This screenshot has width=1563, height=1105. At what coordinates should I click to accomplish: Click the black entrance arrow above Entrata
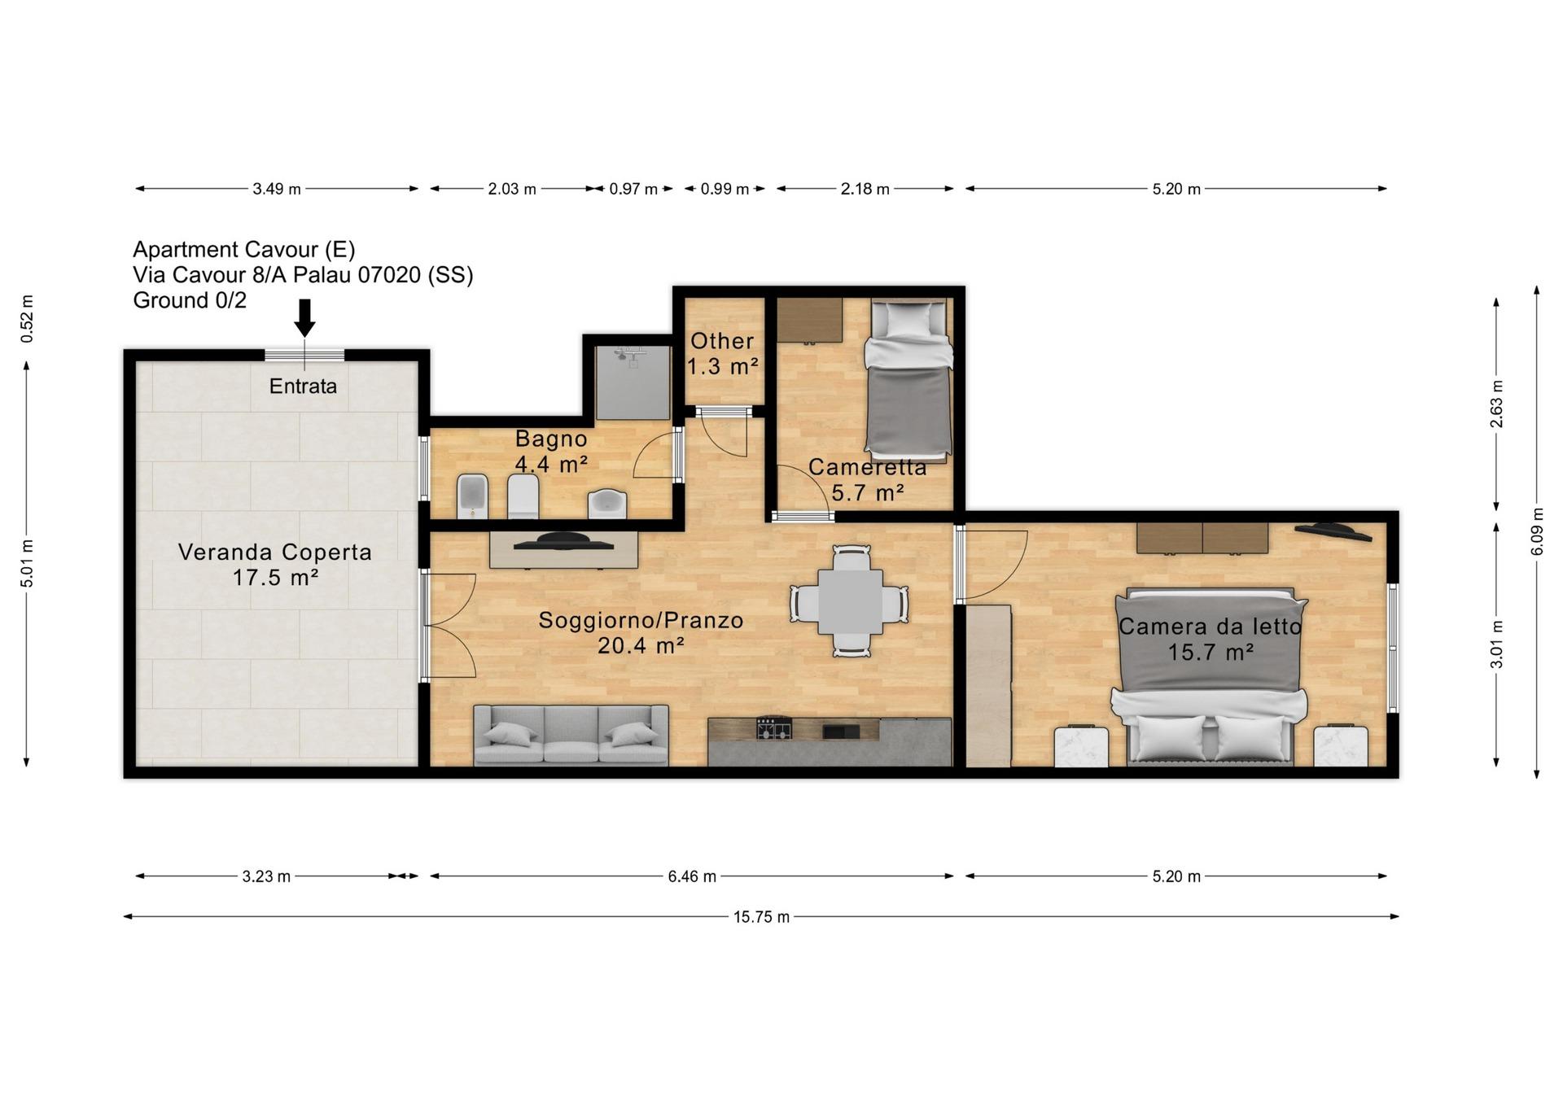pyautogui.click(x=304, y=317)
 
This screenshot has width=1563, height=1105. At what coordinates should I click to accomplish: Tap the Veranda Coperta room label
pyautogui.click(x=275, y=565)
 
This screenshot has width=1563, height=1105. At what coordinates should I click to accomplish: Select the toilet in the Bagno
pyautogui.click(x=523, y=496)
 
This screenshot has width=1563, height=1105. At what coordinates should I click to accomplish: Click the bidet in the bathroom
pyautogui.click(x=473, y=496)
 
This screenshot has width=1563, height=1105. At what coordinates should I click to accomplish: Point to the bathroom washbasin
pyautogui.click(x=607, y=504)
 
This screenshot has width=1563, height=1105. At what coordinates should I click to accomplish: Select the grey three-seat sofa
pyautogui.click(x=571, y=735)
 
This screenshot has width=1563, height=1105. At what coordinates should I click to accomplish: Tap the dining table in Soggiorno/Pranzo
pyautogui.click(x=850, y=601)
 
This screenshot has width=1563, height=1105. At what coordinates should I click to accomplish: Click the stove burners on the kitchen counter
pyautogui.click(x=774, y=727)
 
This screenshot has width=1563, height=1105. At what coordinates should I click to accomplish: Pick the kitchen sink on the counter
pyautogui.click(x=841, y=731)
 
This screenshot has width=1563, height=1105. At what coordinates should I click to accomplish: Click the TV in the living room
pyautogui.click(x=563, y=540)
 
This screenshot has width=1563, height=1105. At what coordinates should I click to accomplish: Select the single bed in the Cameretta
pyautogui.click(x=908, y=378)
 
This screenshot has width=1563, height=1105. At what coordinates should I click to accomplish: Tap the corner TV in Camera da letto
pyautogui.click(x=1333, y=531)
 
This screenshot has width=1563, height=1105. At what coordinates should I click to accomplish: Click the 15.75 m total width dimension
pyautogui.click(x=761, y=916)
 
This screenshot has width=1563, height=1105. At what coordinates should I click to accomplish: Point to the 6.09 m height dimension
pyautogui.click(x=1537, y=532)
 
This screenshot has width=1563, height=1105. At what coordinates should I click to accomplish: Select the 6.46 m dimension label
pyautogui.click(x=692, y=876)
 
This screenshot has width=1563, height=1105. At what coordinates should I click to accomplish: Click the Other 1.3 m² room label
pyautogui.click(x=723, y=353)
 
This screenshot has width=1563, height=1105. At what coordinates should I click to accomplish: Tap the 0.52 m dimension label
pyautogui.click(x=28, y=318)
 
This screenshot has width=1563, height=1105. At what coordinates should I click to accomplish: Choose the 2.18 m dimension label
pyautogui.click(x=865, y=189)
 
